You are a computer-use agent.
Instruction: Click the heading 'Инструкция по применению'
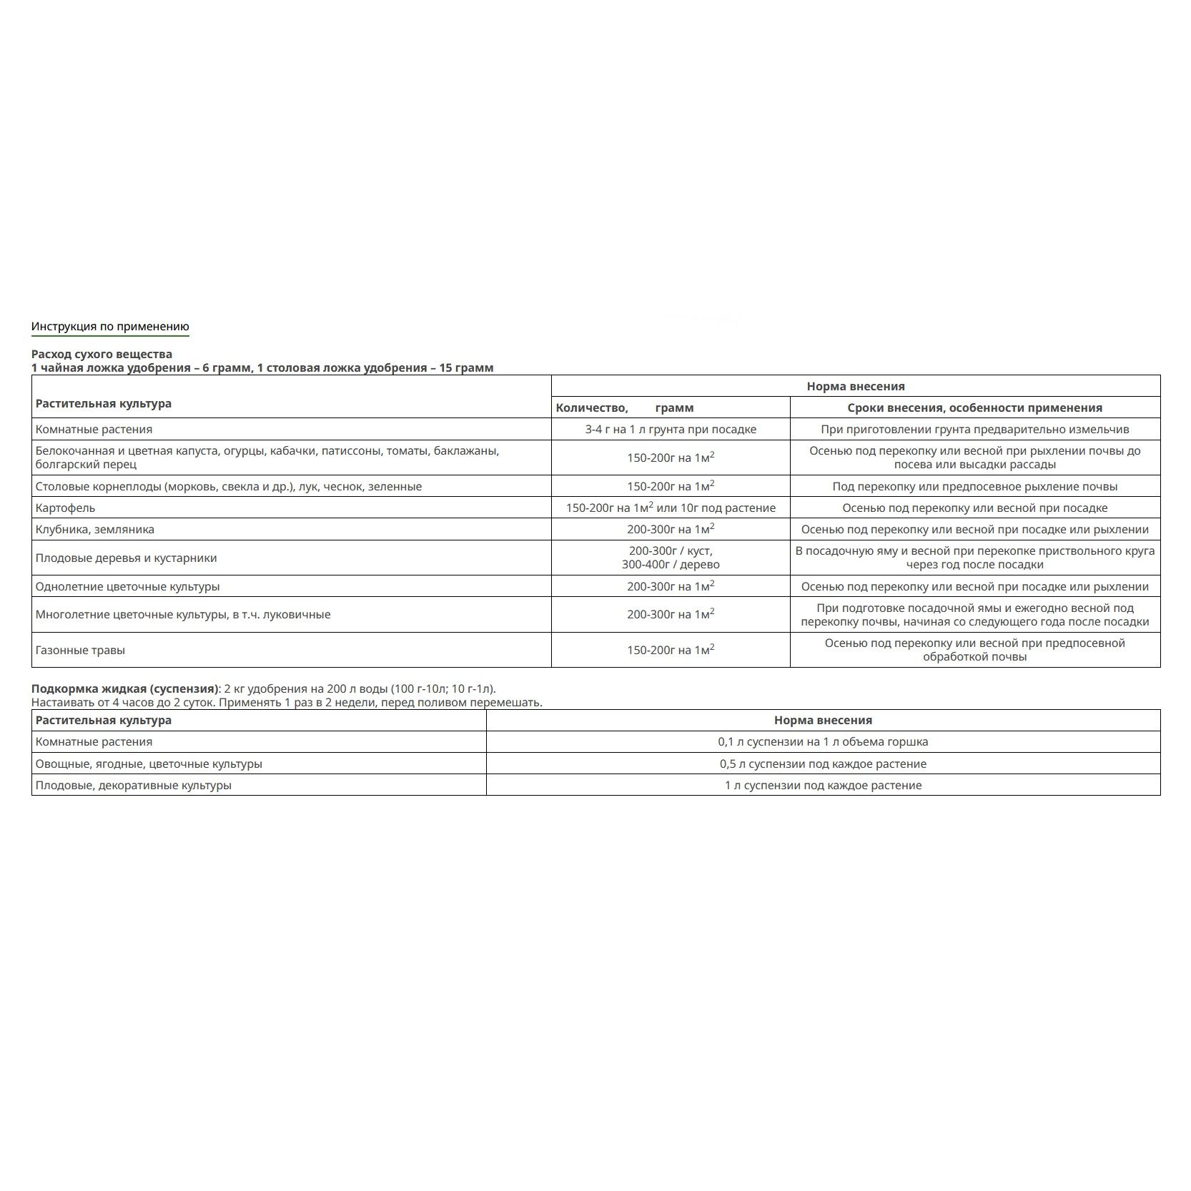[110, 327]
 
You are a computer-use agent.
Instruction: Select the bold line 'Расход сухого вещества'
[102, 354]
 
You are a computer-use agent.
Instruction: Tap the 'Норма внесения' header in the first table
[855, 386]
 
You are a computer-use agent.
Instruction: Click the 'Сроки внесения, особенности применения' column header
[974, 407]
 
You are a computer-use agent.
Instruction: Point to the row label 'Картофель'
[65, 508]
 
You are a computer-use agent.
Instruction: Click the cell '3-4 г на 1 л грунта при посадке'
[670, 429]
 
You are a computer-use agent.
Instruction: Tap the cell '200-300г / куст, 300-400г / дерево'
[670, 558]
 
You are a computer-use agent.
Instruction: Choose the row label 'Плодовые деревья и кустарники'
[126, 558]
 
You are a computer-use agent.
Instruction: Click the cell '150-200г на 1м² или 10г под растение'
[670, 508]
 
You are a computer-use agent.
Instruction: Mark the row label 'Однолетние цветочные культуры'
[127, 586]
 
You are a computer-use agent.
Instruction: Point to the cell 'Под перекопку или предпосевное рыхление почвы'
[974, 486]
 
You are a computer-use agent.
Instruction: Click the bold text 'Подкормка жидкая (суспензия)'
[124, 689]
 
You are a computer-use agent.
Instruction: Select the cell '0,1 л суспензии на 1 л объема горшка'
[822, 741]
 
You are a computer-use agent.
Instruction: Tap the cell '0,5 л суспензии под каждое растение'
[822, 763]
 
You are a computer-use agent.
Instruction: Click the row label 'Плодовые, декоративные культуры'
[133, 785]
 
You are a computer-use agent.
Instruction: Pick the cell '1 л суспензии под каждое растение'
[822, 785]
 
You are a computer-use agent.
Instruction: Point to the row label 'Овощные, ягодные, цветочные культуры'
[149, 763]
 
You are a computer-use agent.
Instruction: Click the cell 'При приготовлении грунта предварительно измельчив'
[974, 429]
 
